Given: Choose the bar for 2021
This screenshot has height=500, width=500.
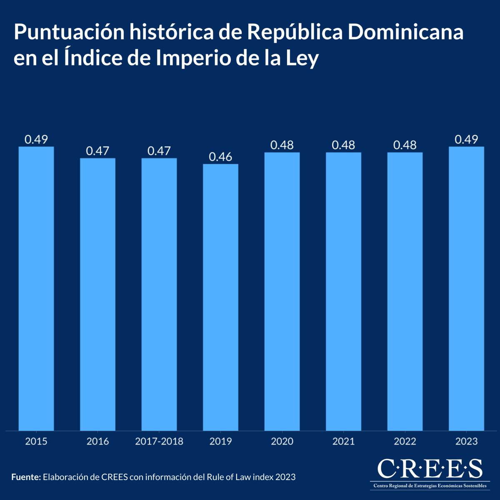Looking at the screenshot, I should point(343,291).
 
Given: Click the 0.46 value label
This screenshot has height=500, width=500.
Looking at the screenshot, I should point(220,157).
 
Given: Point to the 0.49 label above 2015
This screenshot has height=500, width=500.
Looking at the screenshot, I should point(36,140).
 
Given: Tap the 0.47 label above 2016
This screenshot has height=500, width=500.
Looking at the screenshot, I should point(97,151).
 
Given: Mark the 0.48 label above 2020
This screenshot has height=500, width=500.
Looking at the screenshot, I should point(282,145).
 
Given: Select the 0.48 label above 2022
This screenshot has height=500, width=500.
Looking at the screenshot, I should point(405,145).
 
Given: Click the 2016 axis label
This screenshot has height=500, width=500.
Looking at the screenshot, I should point(97,442).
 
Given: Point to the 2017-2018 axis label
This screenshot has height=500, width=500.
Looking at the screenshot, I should point(159,442).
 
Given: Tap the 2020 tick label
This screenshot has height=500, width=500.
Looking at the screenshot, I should point(282,442).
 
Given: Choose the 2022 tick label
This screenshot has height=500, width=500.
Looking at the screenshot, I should point(405,442).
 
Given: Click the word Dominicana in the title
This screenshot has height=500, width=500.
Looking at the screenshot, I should point(405,32).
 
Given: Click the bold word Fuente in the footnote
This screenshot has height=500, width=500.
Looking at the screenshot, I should point(26,477).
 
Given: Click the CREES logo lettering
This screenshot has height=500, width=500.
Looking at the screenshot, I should point(430,469).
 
